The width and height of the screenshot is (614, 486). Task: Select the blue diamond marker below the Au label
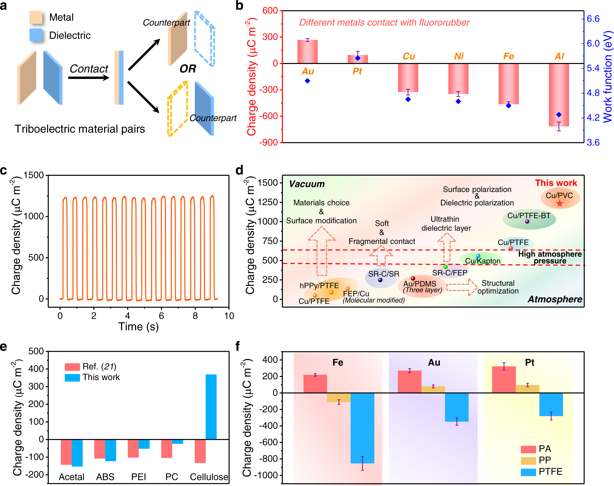307,81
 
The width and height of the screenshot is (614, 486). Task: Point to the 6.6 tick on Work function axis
593,19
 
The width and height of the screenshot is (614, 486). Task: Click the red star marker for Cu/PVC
560,203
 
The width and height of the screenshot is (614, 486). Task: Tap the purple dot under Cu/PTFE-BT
527,221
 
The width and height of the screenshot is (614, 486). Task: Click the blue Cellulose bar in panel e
211,407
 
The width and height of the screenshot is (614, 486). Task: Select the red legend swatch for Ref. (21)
72,367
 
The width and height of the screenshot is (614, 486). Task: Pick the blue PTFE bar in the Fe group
362,428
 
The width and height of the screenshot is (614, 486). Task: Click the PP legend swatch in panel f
528,461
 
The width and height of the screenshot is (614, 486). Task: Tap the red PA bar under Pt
504,379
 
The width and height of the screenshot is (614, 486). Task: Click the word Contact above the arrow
89,69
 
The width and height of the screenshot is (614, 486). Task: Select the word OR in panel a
188,69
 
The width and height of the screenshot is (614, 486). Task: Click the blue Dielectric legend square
36,35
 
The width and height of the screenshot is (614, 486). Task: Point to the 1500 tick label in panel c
34,175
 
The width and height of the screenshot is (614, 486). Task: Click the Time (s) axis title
138,326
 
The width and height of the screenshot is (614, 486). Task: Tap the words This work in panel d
556,183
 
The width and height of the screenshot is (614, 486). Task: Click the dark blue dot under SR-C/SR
380,280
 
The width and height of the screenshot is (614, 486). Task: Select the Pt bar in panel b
358,59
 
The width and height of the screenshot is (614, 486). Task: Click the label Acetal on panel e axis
72,477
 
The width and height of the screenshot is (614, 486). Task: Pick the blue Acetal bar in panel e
77,453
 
